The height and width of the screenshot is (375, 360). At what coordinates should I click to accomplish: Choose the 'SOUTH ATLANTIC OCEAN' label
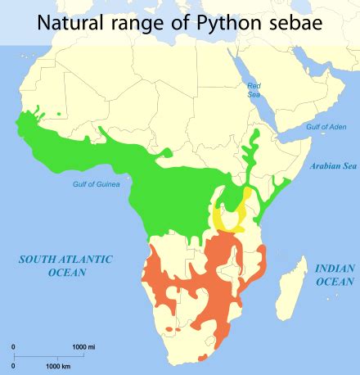tap(65, 265)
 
